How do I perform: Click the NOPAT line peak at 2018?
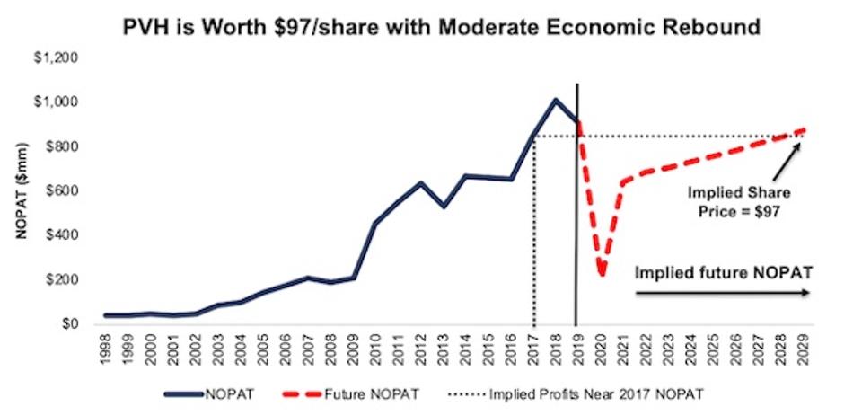click(x=555, y=100)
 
